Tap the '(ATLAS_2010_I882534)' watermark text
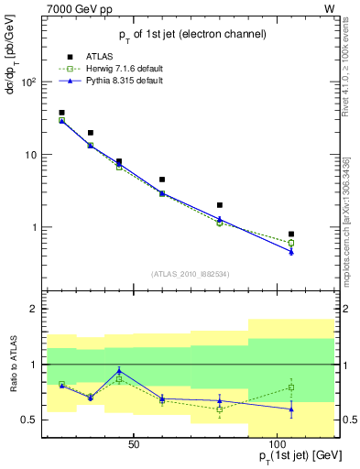(190, 273)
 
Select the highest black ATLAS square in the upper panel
(61, 113)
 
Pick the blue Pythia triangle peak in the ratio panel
(119, 371)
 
